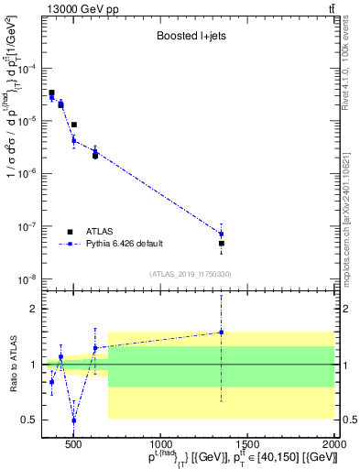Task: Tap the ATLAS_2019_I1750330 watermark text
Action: pos(189,274)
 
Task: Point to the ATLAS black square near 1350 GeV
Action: pos(221,244)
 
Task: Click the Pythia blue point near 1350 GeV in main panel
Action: pos(221,234)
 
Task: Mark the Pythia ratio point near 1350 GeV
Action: pos(221,333)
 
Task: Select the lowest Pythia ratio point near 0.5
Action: pos(74,420)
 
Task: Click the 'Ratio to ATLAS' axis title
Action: pos(13,365)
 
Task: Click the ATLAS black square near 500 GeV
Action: pos(74,125)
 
